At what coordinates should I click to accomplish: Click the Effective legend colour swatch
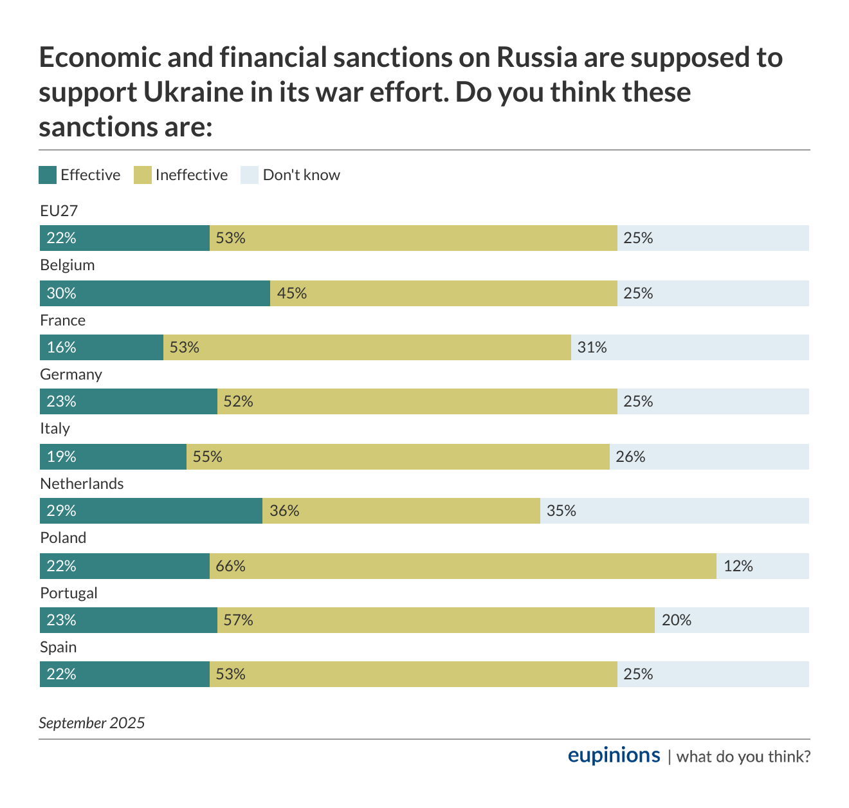point(48,175)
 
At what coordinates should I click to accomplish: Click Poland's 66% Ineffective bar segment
point(463,566)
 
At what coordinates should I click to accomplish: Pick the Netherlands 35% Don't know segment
point(674,511)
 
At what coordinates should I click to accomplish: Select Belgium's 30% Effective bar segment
point(155,293)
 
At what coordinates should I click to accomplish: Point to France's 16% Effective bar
point(102,347)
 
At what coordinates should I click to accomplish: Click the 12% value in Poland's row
point(738,566)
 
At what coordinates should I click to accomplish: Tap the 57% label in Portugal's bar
point(238,620)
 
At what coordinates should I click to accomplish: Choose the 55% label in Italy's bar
point(207,457)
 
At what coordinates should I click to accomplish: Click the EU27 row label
point(59,211)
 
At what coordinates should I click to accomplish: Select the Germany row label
point(71,374)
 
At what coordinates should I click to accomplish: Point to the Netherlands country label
point(82,484)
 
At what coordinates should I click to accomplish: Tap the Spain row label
point(58,647)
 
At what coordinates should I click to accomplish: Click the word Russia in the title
point(536,58)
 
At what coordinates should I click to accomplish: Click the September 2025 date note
point(92,723)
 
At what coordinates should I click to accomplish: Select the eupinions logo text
point(614,755)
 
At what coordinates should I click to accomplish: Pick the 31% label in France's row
point(592,347)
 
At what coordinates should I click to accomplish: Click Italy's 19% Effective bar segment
point(113,457)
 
